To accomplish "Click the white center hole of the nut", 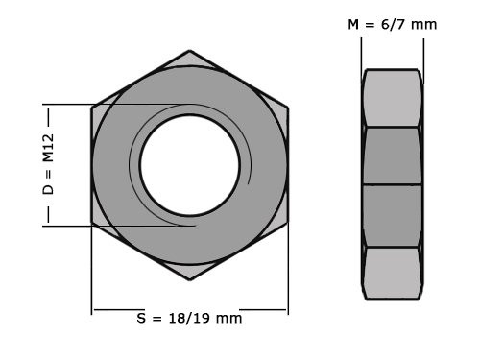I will tap(190, 164).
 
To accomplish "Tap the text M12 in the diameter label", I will tap(48, 149).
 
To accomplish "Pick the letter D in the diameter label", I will tap(48, 190).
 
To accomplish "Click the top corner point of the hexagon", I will tap(190, 50).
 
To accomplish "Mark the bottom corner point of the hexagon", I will tap(190, 281).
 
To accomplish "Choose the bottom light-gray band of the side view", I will tap(392, 273).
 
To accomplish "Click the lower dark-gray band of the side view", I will tap(392, 215).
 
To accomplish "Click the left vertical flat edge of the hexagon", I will tap(92, 165).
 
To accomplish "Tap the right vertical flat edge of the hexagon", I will tap(288, 165).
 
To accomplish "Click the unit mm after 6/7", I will tap(424, 24).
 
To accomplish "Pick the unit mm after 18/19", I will tap(228, 319).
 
